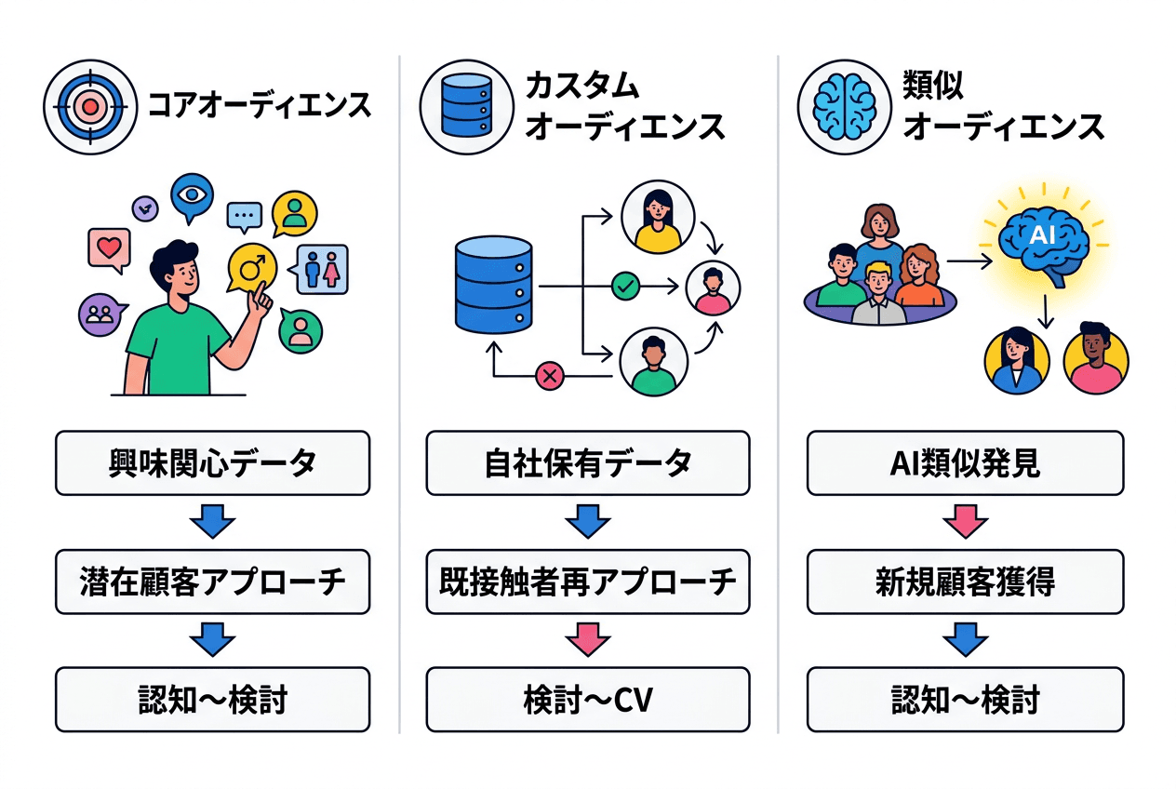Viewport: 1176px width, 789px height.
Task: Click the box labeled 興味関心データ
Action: [x=212, y=462]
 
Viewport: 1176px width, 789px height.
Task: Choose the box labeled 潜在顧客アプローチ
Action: [x=212, y=582]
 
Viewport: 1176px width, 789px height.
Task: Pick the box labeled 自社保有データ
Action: [x=588, y=462]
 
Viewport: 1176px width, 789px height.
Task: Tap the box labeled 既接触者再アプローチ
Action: [x=588, y=582]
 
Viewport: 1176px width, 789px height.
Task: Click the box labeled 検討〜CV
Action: [x=588, y=700]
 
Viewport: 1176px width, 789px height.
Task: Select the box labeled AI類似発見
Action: [x=965, y=462]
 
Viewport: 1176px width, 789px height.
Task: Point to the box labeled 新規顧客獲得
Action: [x=965, y=582]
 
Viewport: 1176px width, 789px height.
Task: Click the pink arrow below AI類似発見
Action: [x=965, y=523]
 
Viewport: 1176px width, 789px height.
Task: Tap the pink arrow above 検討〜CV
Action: [x=588, y=641]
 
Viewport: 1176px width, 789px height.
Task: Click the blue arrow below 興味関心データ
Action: [x=212, y=523]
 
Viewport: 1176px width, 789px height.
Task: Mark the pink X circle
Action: [x=550, y=376]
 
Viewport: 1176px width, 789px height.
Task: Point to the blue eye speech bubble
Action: [x=192, y=196]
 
